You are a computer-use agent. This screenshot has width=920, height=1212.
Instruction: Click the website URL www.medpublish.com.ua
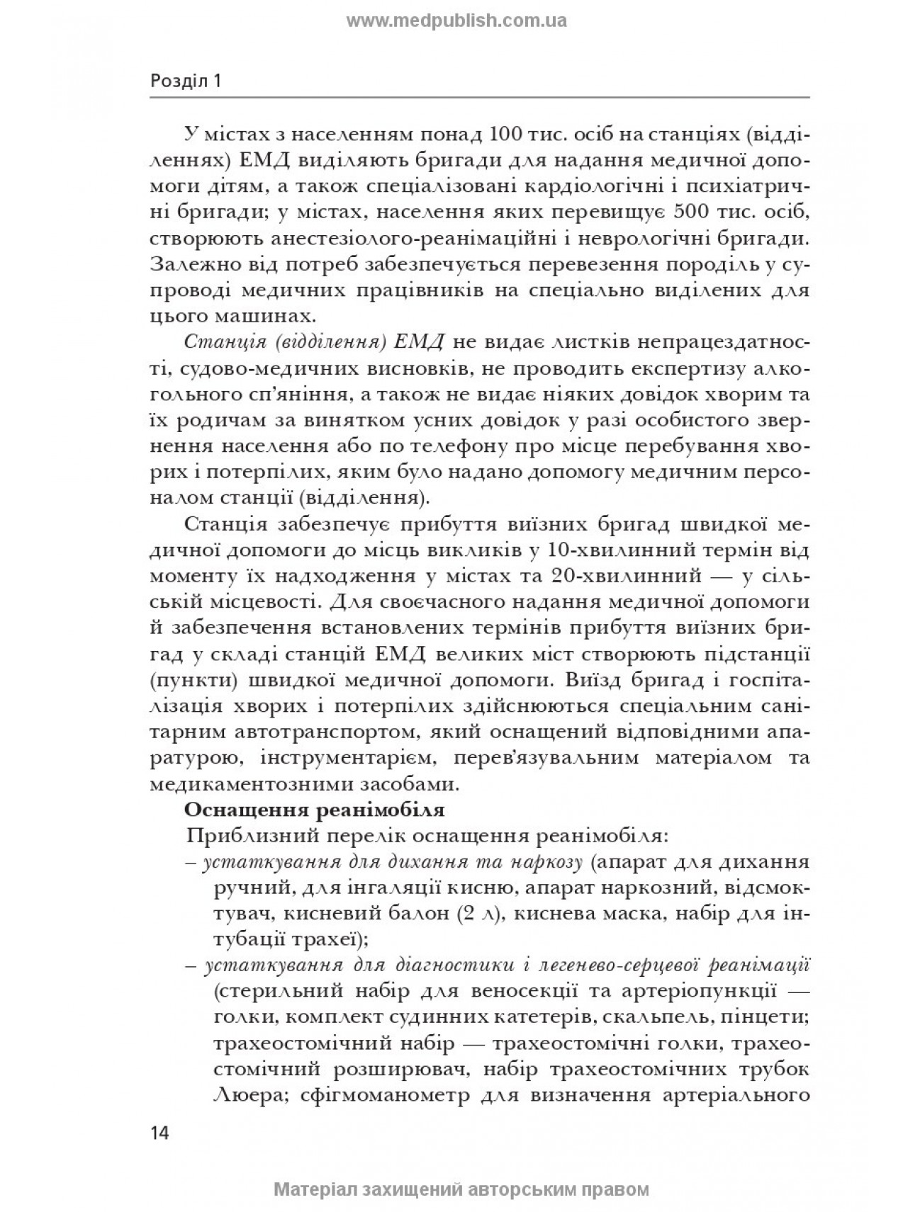click(456, 21)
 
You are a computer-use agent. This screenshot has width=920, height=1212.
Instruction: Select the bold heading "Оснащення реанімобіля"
click(314, 809)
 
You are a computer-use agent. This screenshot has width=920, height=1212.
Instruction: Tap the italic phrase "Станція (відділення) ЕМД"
click(313, 341)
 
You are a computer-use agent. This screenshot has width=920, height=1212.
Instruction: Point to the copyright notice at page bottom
click(461, 1189)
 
